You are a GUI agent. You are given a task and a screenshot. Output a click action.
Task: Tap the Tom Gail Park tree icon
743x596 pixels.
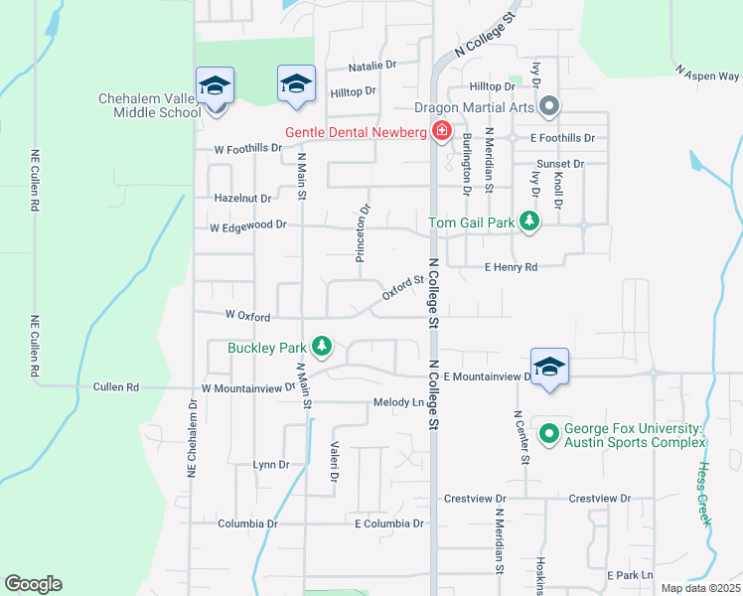coord(530,222)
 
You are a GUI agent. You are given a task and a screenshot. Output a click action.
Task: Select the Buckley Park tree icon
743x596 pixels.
coord(321,347)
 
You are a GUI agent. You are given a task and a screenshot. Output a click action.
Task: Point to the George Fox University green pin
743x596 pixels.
coord(548,433)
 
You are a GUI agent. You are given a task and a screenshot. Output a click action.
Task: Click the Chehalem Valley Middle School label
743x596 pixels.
coord(150,105)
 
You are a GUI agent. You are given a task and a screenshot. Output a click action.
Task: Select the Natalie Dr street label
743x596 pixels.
coord(372,66)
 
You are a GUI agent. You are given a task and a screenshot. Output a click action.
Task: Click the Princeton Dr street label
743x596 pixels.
coord(363,233)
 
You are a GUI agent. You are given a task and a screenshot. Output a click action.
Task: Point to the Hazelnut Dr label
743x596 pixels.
coord(242,199)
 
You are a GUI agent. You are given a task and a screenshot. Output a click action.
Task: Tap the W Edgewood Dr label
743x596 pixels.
coord(248,226)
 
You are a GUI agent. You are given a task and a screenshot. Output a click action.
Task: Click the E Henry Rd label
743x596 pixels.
coord(511,267)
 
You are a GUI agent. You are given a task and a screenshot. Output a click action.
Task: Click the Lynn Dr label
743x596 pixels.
coord(271,464)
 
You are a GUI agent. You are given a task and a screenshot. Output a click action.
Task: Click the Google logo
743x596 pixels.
coord(33,584)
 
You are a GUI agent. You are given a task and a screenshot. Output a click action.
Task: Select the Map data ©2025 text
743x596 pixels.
coord(700,588)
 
